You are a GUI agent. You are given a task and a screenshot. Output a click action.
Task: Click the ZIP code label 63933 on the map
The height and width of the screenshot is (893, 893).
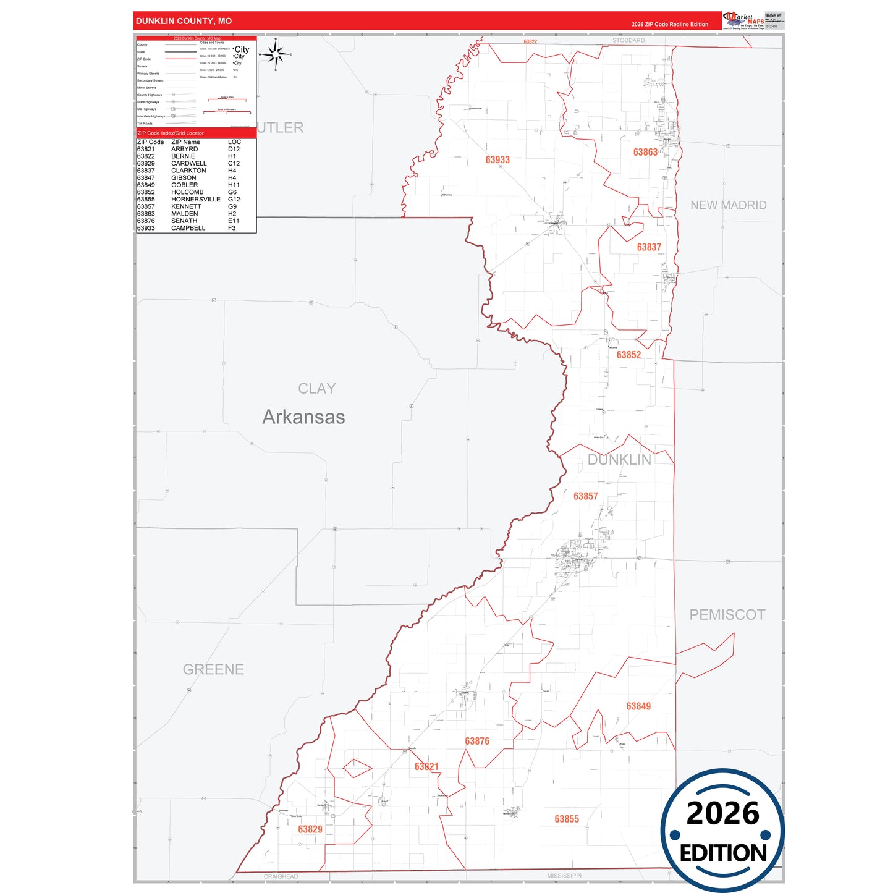pyautogui.click(x=497, y=160)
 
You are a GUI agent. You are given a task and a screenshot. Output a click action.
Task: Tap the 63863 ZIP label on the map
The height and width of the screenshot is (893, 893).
pyautogui.click(x=645, y=152)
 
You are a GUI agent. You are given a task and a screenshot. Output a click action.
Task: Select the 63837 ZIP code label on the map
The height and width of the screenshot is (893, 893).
pyautogui.click(x=649, y=247)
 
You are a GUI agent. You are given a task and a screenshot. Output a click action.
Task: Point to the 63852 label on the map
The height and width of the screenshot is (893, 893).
pyautogui.click(x=628, y=355)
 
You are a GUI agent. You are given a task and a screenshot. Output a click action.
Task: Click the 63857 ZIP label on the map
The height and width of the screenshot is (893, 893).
pyautogui.click(x=585, y=496)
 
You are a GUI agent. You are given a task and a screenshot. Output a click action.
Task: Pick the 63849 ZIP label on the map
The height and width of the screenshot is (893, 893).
pyautogui.click(x=638, y=706)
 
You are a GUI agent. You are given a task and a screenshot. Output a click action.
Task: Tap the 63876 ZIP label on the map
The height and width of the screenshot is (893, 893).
pyautogui.click(x=477, y=741)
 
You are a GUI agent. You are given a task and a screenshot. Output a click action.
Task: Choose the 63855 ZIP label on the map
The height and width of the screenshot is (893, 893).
pyautogui.click(x=567, y=819)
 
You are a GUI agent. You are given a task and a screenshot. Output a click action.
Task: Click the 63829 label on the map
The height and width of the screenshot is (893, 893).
pyautogui.click(x=310, y=829)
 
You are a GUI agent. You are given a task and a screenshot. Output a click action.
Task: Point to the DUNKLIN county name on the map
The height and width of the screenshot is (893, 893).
pyautogui.click(x=619, y=460)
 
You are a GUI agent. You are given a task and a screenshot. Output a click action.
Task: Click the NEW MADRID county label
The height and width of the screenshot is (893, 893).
pyautogui.click(x=728, y=205)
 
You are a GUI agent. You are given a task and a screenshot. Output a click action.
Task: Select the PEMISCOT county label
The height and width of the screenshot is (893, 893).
pyautogui.click(x=727, y=615)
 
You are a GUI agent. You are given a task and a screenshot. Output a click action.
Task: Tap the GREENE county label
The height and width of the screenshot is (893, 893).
pyautogui.click(x=213, y=669)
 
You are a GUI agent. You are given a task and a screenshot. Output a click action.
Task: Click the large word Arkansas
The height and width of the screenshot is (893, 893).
pyautogui.click(x=303, y=417)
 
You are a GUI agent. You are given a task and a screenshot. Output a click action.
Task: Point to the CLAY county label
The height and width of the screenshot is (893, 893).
pyautogui.click(x=317, y=389)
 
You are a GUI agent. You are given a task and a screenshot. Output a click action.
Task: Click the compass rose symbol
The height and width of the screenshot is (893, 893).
pyautogui.click(x=276, y=55)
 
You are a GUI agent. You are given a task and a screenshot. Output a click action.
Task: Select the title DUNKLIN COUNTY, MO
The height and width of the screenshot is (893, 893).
pyautogui.click(x=184, y=21)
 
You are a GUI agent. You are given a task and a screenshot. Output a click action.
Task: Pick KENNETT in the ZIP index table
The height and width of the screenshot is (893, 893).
pyautogui.click(x=186, y=206)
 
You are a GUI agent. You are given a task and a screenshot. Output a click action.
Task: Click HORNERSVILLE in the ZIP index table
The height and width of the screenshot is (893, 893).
pyautogui.click(x=196, y=200)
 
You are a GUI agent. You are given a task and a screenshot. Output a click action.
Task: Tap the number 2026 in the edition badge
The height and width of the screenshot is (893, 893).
pyautogui.click(x=722, y=813)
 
